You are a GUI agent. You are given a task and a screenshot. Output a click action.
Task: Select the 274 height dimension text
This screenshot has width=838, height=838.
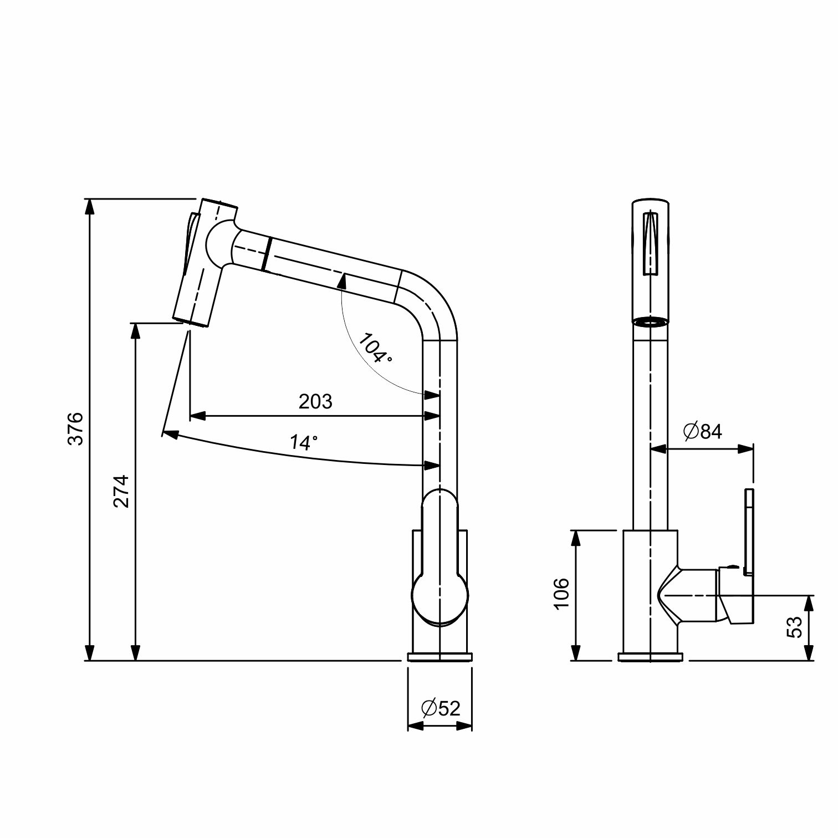pyautogui.click(x=121, y=490)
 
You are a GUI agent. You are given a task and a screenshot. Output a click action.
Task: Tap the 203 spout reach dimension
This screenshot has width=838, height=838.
pyautogui.click(x=315, y=401)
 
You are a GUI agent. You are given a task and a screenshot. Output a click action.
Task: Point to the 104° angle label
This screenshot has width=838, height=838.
pyautogui.click(x=375, y=348)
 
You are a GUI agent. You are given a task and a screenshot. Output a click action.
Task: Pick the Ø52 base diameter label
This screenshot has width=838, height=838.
pyautogui.click(x=441, y=708)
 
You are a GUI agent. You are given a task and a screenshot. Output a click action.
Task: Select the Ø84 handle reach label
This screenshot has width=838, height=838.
pyautogui.click(x=703, y=431)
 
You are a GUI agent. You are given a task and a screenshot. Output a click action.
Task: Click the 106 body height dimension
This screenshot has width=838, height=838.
pyautogui.click(x=561, y=592)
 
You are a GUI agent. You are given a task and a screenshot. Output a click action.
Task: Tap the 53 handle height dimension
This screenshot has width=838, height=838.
pyautogui.click(x=794, y=627)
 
